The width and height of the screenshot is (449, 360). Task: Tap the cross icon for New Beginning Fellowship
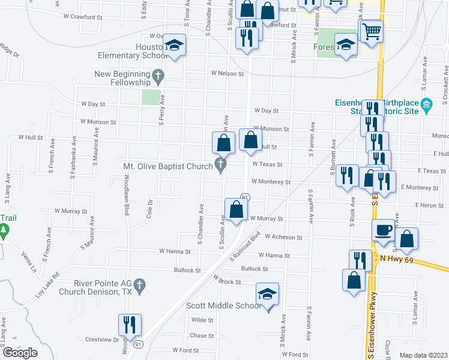[158, 76]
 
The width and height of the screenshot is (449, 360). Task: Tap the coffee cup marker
[383, 230]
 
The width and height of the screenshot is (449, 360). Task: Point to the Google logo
[20, 353]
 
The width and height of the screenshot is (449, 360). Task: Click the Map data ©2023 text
[423, 355]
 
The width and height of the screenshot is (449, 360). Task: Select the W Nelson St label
[227, 74]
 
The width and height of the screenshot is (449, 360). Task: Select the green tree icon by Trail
[4, 229]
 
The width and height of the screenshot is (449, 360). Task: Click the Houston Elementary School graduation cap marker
[175, 45]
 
